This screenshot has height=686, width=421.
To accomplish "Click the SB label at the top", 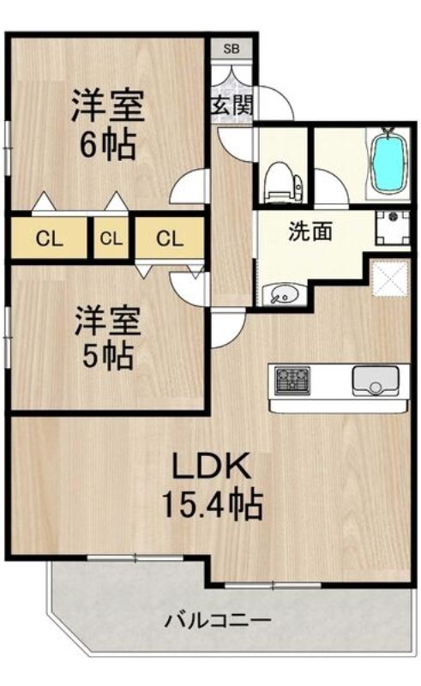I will (x=232, y=49).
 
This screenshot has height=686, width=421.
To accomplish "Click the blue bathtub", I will (x=389, y=162).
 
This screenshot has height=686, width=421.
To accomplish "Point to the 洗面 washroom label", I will (x=310, y=232).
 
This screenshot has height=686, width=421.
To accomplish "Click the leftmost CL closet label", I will (x=49, y=239).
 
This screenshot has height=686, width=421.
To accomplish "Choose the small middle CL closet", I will (x=110, y=239).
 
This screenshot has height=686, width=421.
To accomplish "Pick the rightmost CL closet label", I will (x=170, y=239).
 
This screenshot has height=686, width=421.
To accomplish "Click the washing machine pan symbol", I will (x=392, y=227).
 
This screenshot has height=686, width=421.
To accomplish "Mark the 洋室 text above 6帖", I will (x=107, y=106).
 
